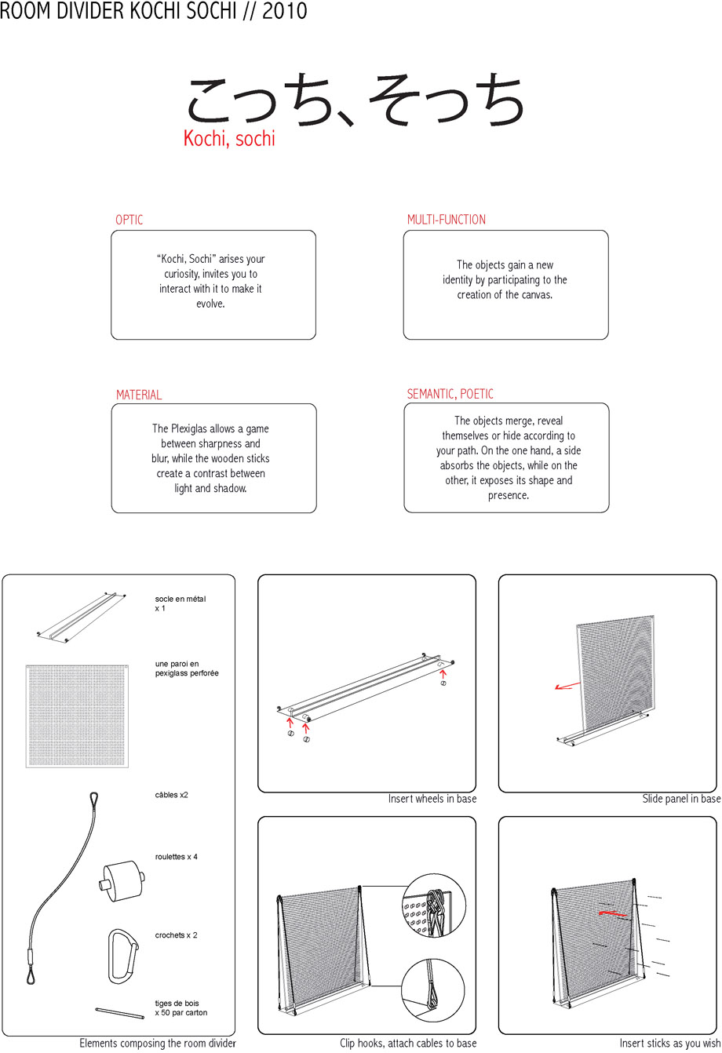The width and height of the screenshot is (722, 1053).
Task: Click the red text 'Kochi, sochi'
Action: [229, 139]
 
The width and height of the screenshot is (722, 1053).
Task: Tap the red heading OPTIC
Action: [129, 220]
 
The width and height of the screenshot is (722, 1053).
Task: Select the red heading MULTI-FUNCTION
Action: [446, 220]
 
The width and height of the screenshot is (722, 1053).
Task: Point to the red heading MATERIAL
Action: [139, 395]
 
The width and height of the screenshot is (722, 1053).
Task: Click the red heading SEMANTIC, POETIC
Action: [450, 394]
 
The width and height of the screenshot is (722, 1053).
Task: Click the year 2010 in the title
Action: [284, 10]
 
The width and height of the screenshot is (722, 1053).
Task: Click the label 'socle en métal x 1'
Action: [180, 603]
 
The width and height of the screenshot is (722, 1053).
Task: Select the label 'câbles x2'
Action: [172, 795]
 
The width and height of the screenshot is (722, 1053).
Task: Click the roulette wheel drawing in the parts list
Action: [122, 880]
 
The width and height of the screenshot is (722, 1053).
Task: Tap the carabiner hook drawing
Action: [123, 956]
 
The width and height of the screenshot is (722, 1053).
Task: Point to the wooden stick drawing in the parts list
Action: [119, 1014]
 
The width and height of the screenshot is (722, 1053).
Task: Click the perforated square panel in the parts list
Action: [77, 716]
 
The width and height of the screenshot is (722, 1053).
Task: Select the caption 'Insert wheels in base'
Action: [432, 799]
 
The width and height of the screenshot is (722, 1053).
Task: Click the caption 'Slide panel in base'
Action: [681, 799]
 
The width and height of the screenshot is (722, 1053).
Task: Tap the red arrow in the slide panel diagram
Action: [567, 686]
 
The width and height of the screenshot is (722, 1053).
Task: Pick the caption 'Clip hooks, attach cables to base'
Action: [408, 1043]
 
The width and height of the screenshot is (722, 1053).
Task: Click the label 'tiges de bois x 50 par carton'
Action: [181, 1007]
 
